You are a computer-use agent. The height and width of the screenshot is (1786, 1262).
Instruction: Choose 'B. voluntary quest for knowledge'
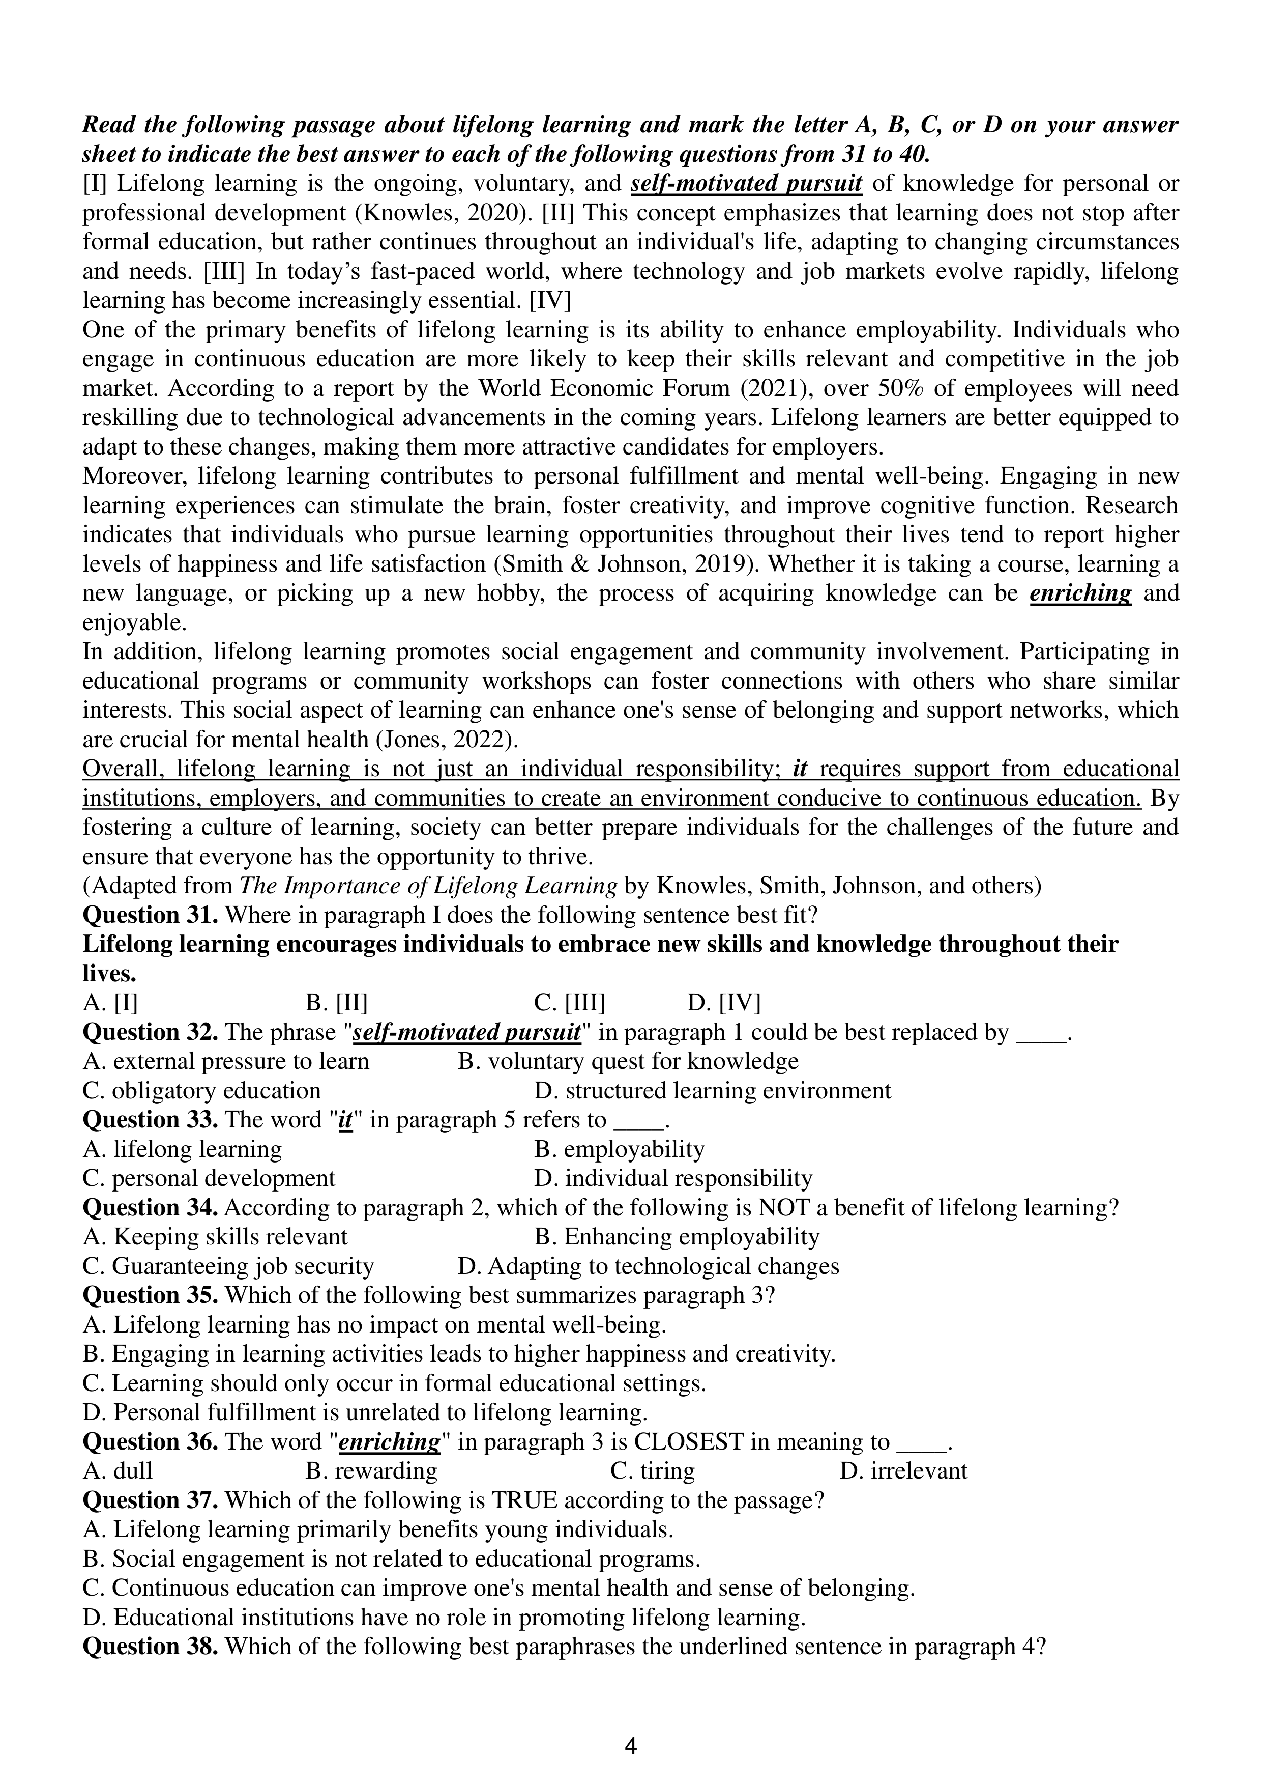(x=628, y=1061)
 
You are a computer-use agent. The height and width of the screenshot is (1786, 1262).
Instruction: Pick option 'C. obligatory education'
(x=201, y=1091)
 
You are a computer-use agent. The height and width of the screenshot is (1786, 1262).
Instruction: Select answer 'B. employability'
(x=619, y=1149)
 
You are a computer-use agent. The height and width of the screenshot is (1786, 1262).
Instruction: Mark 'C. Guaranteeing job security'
(x=228, y=1266)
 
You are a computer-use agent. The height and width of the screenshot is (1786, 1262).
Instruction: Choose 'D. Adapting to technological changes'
(x=649, y=1266)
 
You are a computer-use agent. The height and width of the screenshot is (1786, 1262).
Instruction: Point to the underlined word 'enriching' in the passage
(x=1080, y=593)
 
